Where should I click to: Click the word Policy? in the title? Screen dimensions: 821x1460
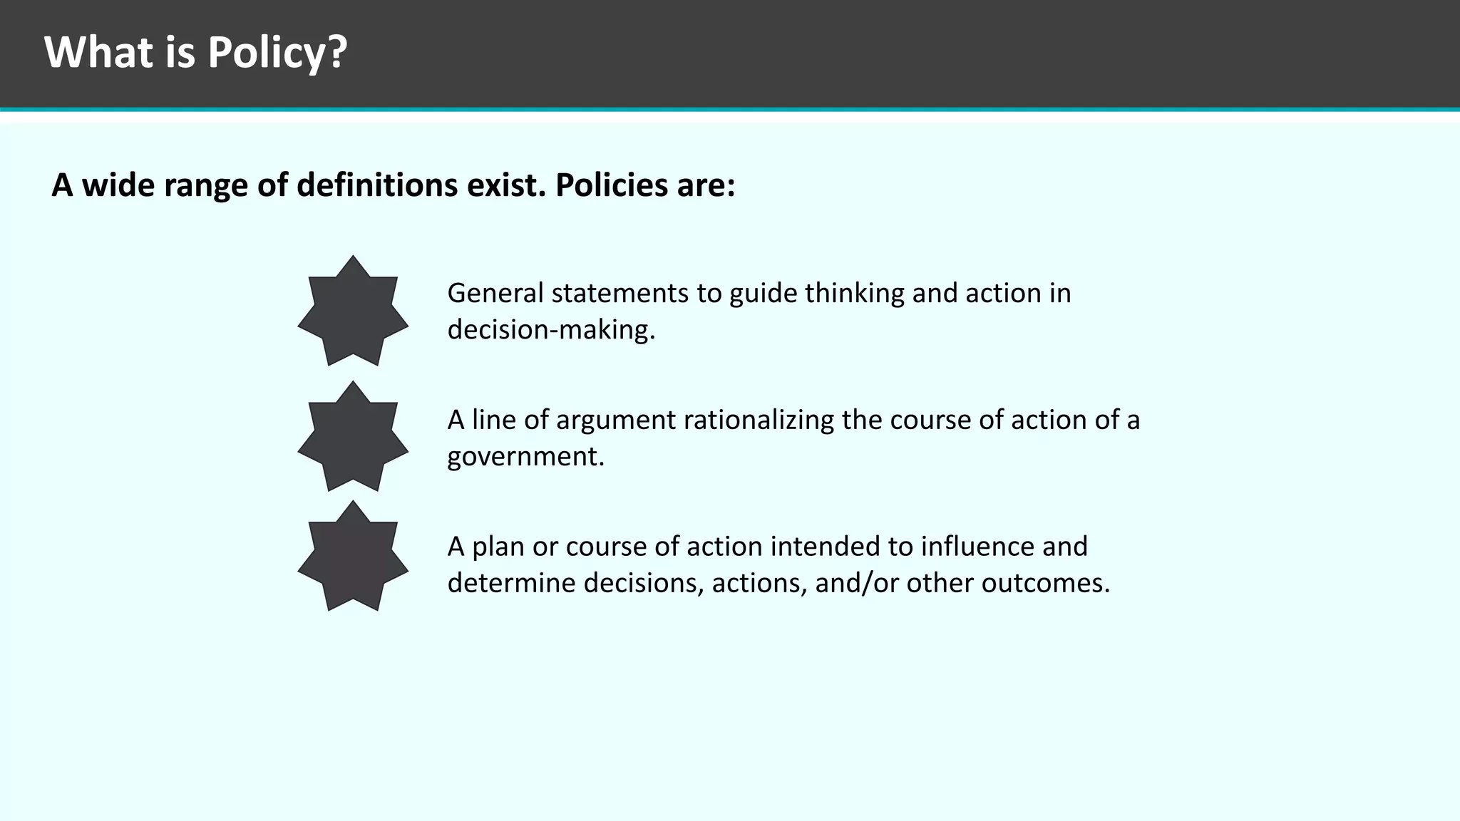277,53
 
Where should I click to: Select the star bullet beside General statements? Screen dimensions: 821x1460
353,311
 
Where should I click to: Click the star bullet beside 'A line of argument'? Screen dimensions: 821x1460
353,436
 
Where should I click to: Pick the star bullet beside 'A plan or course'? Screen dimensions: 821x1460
353,556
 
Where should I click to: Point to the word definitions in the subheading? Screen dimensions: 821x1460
377,185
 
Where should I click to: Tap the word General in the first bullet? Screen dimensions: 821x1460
495,293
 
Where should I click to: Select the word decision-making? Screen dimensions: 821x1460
550,330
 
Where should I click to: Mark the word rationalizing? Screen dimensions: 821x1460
758,420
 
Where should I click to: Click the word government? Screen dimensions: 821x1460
525,456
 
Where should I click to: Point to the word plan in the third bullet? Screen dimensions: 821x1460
498,547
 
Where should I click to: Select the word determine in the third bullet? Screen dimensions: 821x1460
511,583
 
